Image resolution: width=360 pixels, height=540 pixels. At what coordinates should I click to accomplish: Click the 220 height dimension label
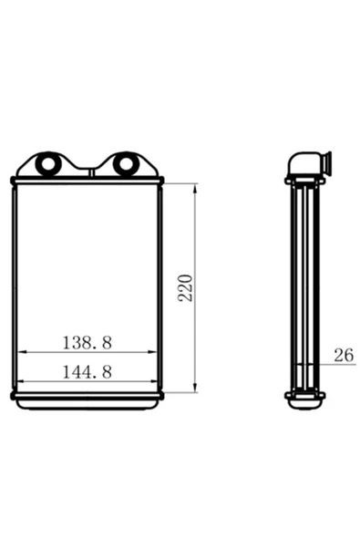(x=185, y=288)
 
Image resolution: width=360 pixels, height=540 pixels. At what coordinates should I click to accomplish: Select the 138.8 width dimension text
(x=87, y=343)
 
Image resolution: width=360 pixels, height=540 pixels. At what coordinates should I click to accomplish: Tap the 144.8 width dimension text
(x=87, y=372)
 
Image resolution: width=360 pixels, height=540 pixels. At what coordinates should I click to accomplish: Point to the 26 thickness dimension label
(x=344, y=355)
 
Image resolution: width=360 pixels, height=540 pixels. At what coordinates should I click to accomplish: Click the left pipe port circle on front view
(x=47, y=163)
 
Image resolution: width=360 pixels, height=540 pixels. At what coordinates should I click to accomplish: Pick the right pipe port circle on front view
(x=125, y=163)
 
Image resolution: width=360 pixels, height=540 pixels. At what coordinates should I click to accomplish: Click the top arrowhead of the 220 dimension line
(x=195, y=189)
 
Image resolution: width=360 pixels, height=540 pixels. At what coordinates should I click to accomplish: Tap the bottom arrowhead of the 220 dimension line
(x=195, y=387)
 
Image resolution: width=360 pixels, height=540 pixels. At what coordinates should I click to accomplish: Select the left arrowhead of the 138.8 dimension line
(x=22, y=352)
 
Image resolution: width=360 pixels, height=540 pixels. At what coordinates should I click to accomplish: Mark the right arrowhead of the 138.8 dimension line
(x=152, y=352)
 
